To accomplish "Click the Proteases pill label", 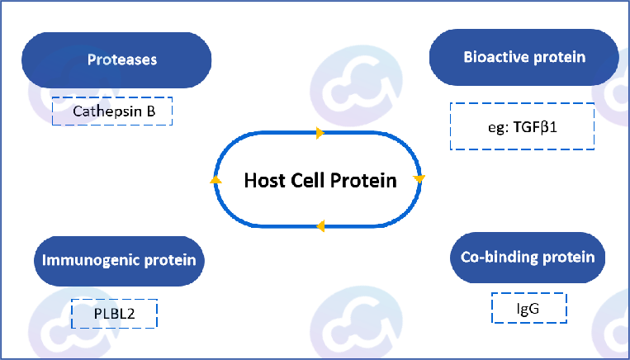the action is pos(116,60).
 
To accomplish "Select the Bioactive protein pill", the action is pos(524,57).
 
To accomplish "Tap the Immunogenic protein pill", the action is pos(119,261).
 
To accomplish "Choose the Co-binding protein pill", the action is pos(528,257).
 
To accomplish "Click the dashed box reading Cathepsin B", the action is pos(112,111).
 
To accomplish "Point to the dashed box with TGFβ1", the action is pos(522,126).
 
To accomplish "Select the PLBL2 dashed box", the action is pos(114,314).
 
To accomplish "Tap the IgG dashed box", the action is pos(529,308).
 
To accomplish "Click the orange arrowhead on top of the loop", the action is pos(320,133).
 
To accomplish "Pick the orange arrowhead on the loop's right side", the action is pos(419,178).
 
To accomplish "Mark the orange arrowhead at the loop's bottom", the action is pos(320,226).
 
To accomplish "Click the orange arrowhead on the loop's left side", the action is pos(216,180).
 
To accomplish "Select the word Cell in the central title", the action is pos(307,180).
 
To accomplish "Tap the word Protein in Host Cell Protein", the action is pos(363,181).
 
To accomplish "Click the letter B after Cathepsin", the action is pos(150,111).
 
